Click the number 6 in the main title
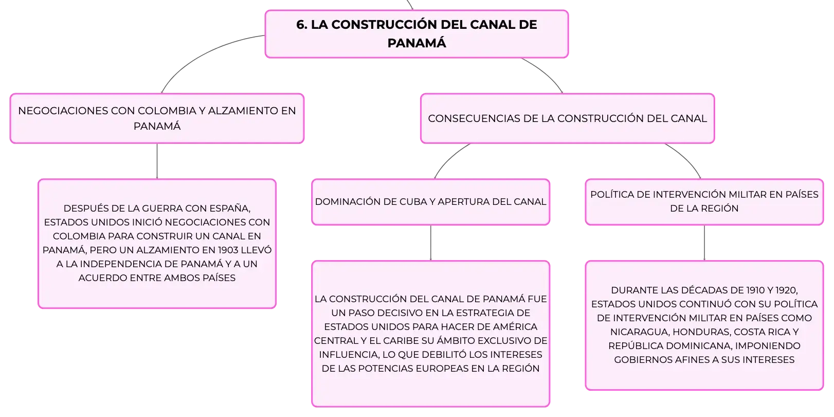300,25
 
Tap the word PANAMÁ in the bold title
416,43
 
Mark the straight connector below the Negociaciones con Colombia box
157,161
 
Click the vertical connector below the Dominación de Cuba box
431,243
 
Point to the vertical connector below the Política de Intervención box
704,243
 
